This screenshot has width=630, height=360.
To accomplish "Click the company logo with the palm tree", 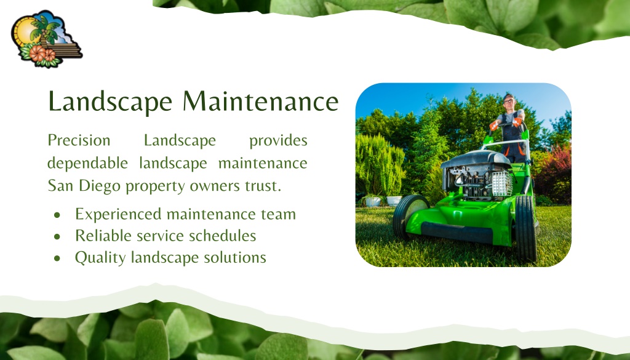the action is tap(46, 39).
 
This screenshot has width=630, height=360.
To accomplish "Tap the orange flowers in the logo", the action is tap(42, 54).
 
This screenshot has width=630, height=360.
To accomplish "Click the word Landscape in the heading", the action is tap(110, 102).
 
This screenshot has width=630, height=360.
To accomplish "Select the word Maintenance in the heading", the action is tap(261, 101).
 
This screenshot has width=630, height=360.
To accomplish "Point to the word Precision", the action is tap(79, 140).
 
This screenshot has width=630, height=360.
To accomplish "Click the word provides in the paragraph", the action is tap(278, 141).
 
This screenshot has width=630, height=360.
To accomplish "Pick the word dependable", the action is tap(87, 164).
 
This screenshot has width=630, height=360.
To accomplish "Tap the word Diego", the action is tap(100, 186).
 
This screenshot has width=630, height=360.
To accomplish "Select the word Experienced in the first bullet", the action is tap(118, 215).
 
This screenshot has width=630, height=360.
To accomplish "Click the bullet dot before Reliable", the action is tap(57, 237).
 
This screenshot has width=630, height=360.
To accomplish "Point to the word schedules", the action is tap(222, 236).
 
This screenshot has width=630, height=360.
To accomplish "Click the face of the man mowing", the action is tap(509, 102).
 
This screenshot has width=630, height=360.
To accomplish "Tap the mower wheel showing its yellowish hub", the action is tap(410, 215).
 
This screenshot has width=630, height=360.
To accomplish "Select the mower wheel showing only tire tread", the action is tap(525, 228).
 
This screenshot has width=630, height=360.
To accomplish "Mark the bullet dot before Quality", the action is tap(57, 258).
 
